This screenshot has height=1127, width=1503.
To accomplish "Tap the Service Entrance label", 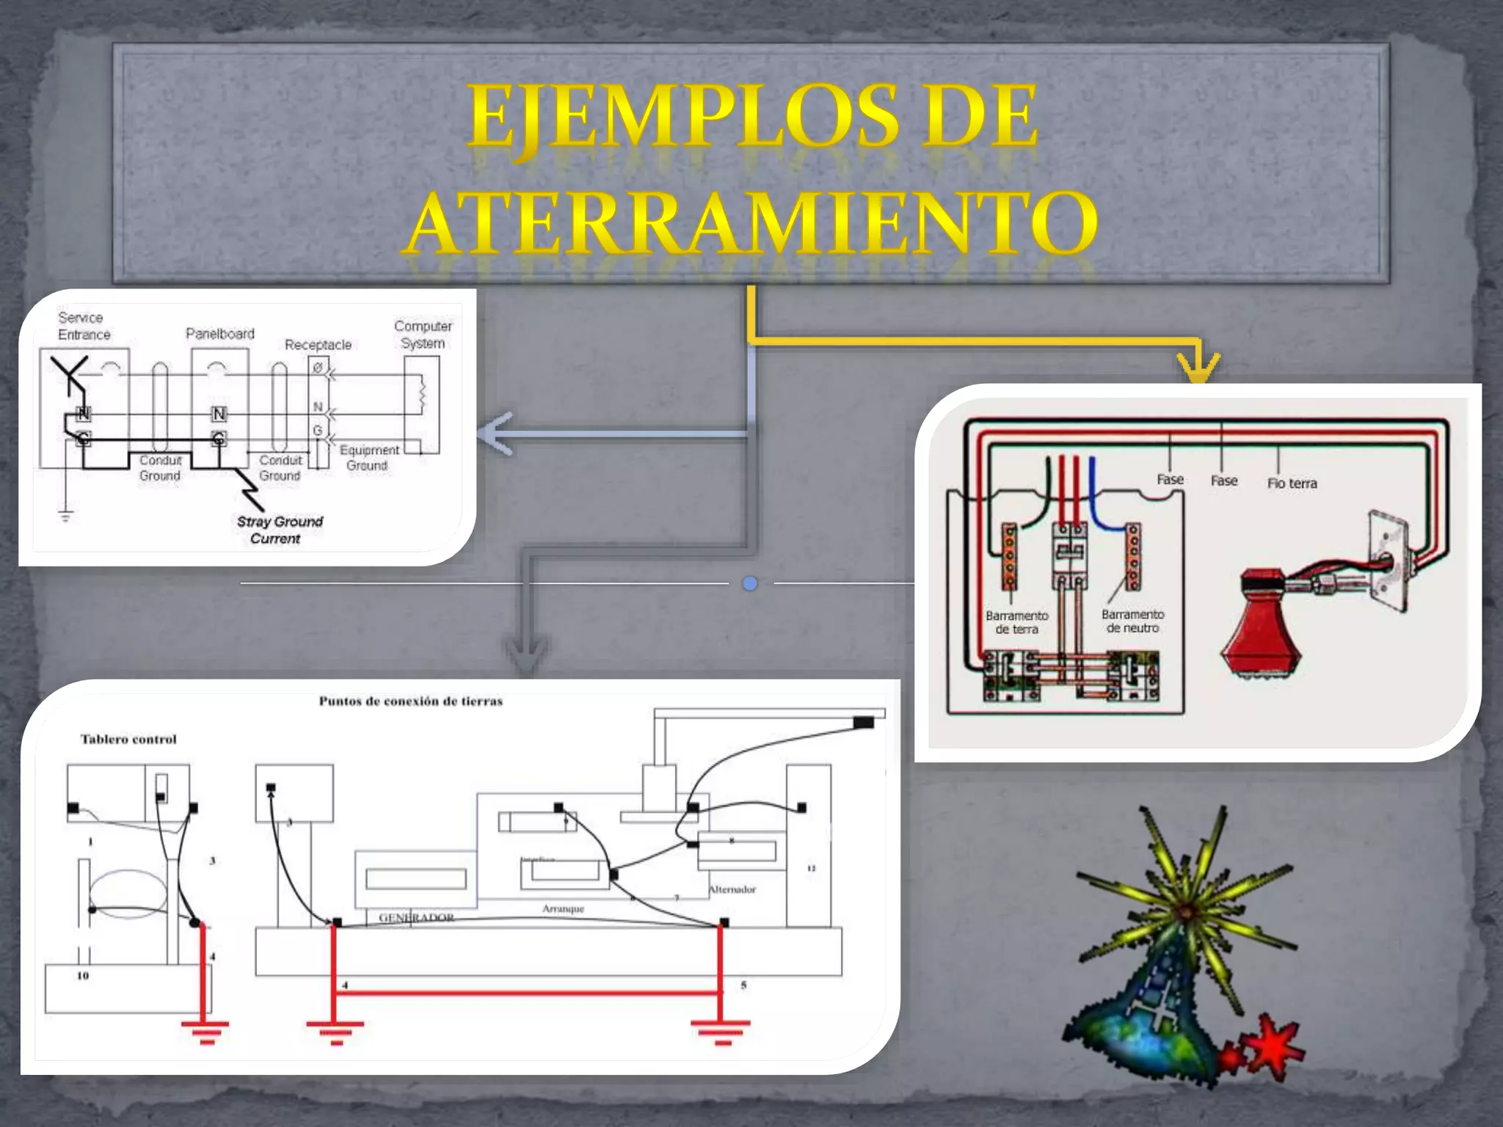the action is point(84,327).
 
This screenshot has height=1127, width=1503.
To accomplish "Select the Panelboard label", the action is point(219,334).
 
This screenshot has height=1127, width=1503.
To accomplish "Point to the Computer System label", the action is point(423,335).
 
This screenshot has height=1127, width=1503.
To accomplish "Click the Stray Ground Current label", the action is point(279,530).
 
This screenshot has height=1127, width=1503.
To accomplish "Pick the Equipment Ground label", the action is point(368,458).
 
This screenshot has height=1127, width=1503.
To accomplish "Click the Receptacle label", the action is point(318,345).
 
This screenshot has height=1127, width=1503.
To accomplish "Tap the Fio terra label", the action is point(1292,484).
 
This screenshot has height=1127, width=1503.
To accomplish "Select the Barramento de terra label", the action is point(1016,622).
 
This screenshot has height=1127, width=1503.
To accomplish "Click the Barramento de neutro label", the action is point(1132,621).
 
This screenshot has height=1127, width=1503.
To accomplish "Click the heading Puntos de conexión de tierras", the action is point(410,701).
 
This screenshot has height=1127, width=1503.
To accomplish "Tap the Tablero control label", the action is point(128,740).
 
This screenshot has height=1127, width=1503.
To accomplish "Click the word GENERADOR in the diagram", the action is point(416,918).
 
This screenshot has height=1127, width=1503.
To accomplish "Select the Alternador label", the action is point(732,889).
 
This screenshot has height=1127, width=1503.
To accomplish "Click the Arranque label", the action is point(563,909).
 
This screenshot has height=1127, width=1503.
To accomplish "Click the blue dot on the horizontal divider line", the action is point(749,584).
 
